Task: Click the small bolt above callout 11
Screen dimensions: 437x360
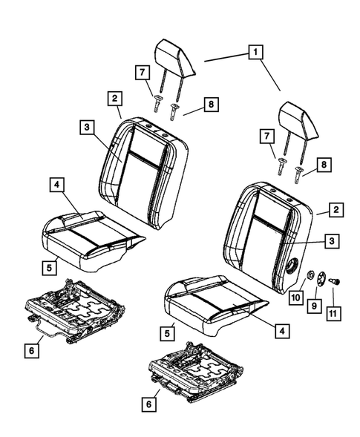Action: pyautogui.click(x=333, y=281)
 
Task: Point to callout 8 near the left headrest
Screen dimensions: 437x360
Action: pyautogui.click(x=212, y=106)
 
